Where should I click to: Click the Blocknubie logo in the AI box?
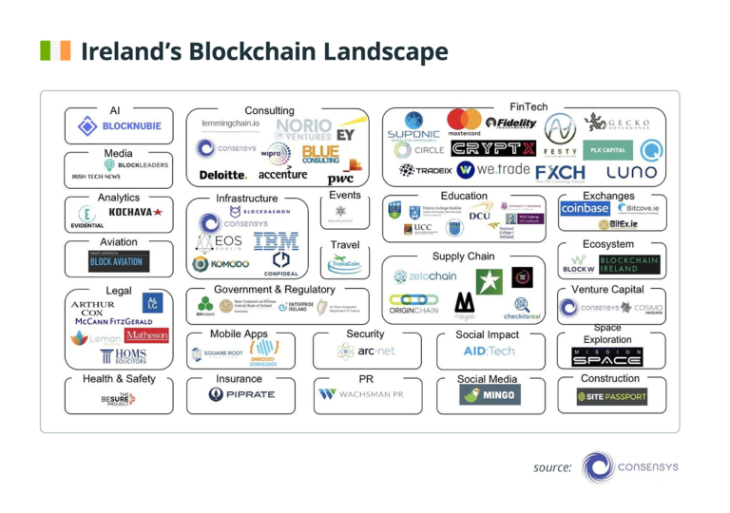(x=119, y=126)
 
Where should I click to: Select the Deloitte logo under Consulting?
(x=222, y=176)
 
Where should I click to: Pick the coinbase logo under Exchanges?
(x=585, y=208)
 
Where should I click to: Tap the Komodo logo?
(x=221, y=263)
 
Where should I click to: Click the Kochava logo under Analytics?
(x=135, y=213)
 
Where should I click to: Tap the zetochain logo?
(x=426, y=276)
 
